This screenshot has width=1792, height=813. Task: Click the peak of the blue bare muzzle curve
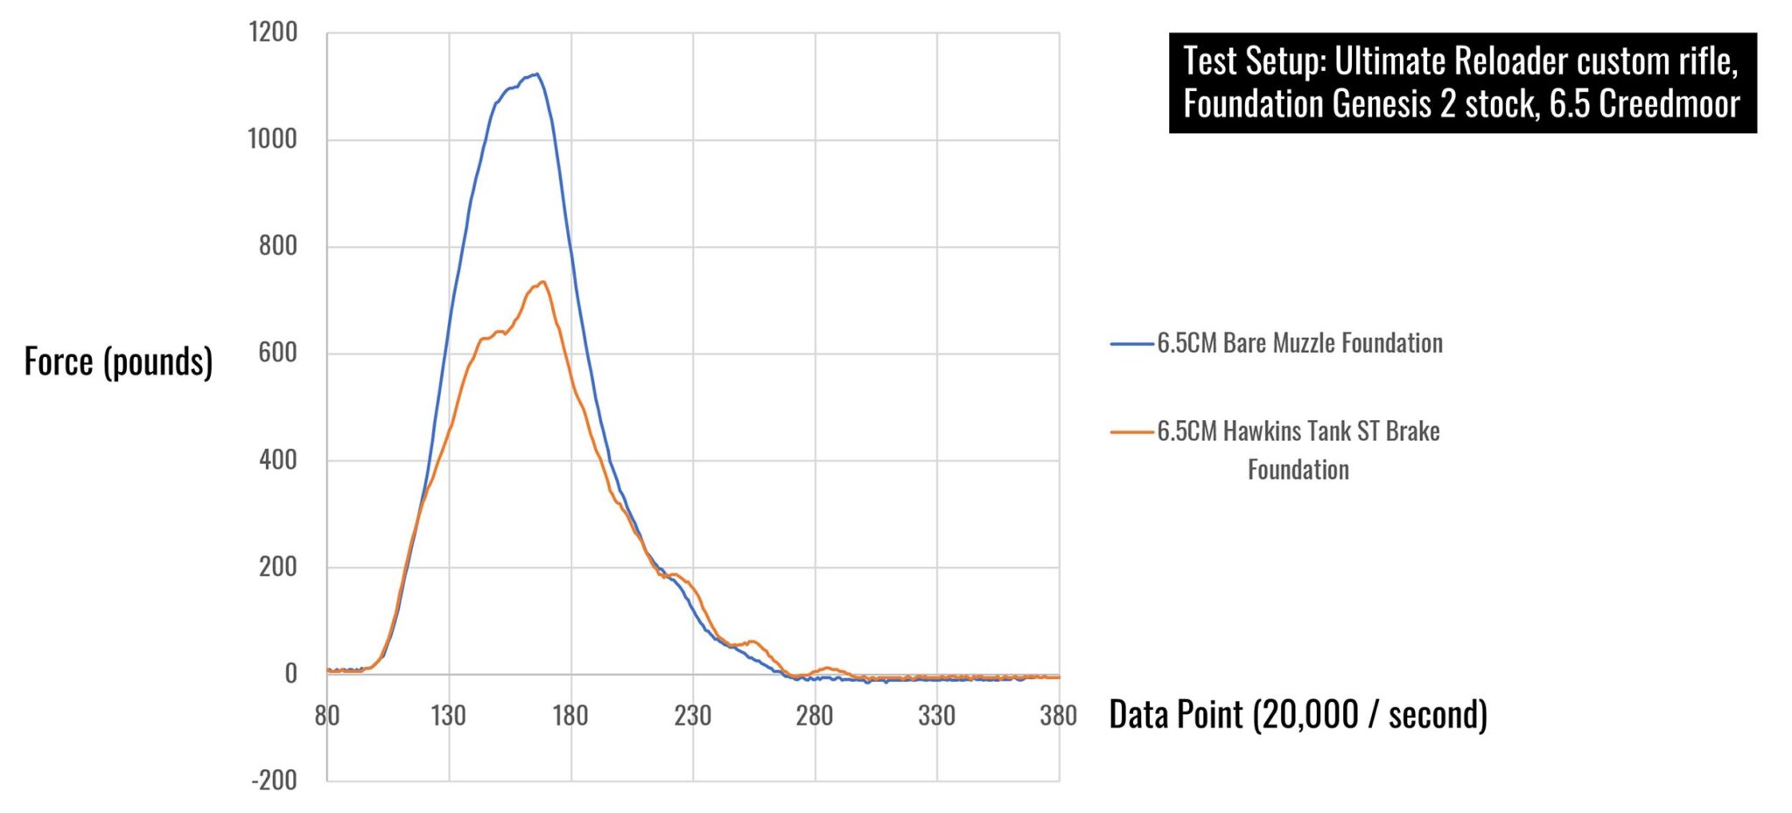point(535,74)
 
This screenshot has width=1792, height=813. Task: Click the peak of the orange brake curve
point(542,282)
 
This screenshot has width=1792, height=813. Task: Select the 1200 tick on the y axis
point(273,32)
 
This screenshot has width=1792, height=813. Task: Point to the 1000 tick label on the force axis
point(273,139)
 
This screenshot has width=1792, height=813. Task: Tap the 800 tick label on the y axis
point(278,246)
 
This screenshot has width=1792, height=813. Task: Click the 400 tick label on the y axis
point(278,459)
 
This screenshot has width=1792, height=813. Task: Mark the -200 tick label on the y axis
point(275,780)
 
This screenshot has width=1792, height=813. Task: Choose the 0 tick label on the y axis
point(290,673)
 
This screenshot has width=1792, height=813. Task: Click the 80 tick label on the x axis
point(326,716)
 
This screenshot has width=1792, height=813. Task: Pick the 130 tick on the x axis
point(448,716)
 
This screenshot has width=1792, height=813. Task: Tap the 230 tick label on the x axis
point(692,716)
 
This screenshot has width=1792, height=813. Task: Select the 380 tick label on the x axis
point(1058,716)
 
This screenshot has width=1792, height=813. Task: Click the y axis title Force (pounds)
point(118,361)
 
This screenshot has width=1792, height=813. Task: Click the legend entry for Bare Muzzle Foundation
point(1299,343)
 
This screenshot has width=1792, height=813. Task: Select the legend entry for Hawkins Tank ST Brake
point(1298,431)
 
